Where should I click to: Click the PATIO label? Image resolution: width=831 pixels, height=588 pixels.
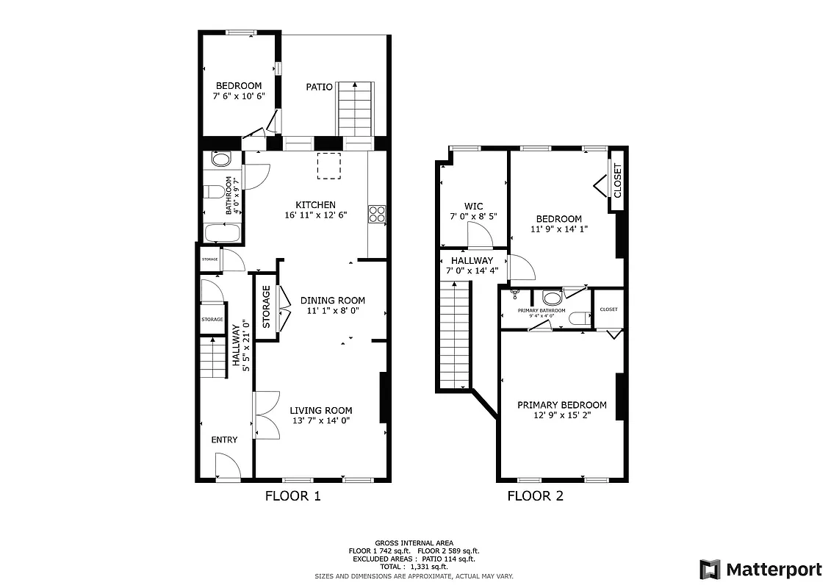(320, 87)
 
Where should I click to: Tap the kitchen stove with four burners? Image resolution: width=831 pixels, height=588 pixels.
(377, 214)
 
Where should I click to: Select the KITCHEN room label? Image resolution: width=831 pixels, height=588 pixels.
(315, 205)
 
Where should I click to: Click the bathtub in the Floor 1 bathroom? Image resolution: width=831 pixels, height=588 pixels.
(222, 234)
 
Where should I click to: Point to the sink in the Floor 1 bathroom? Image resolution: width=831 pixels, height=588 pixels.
(220, 159)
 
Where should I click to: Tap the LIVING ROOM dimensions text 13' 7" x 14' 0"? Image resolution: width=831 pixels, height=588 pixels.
(320, 421)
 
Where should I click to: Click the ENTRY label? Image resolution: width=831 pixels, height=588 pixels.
(224, 440)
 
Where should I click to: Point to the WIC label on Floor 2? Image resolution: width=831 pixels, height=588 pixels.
(473, 207)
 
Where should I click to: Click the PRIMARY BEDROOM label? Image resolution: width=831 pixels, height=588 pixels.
(561, 405)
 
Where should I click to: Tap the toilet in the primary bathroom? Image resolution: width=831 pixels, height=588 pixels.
(578, 318)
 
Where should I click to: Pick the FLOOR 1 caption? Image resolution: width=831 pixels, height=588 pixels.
(292, 496)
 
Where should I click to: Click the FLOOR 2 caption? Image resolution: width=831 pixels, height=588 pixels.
(535, 496)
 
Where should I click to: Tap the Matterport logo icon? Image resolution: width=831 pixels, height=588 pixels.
(710, 569)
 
